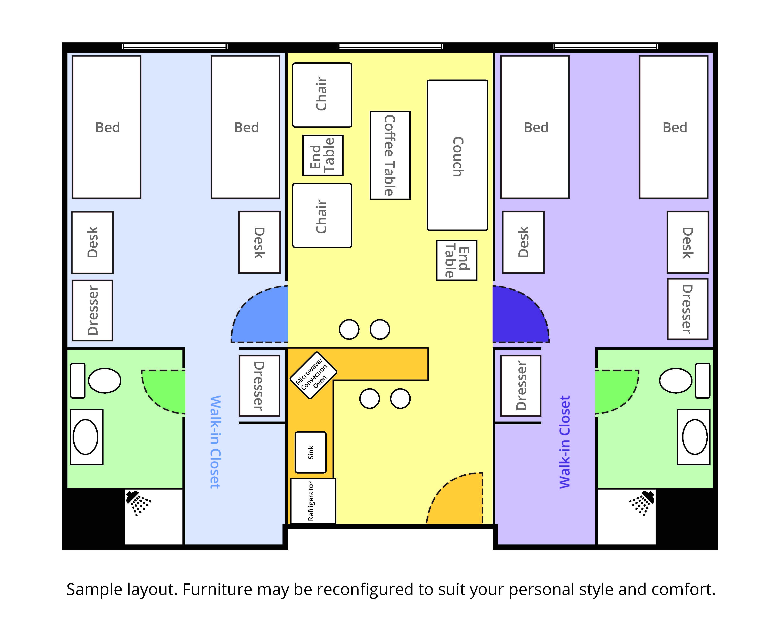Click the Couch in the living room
[457, 155]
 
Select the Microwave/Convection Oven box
[313, 375]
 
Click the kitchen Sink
[310, 452]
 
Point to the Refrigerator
[313, 501]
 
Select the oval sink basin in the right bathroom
[695, 437]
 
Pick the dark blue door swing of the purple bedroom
[517, 318]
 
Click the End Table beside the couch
[457, 260]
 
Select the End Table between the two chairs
[323, 155]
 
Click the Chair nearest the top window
[322, 95]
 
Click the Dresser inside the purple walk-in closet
[521, 385]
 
